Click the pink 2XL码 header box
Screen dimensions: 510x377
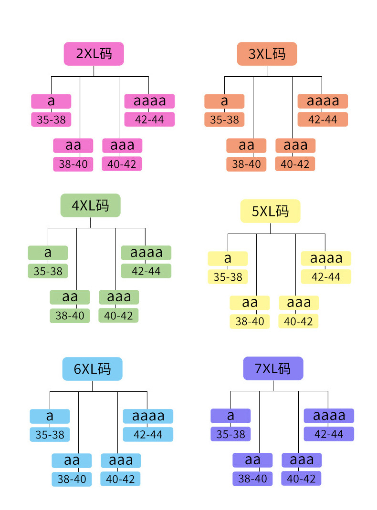coord(94,54)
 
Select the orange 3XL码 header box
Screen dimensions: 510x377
coord(267,54)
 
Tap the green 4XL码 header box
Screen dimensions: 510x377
coord(90,205)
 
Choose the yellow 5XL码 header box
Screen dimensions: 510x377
coord(270,211)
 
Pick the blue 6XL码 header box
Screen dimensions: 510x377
coord(93,369)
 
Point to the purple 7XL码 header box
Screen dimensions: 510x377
coord(273,368)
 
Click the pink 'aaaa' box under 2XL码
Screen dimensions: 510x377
coord(149,101)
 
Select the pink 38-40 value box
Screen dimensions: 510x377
coord(73,164)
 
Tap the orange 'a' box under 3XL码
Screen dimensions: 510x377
coord(224,101)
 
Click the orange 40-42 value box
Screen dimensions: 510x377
coord(295,164)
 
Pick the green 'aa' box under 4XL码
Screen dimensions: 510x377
coord(70,297)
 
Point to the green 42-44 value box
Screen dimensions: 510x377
coord(146,271)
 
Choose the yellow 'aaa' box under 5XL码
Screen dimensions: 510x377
coord(298,303)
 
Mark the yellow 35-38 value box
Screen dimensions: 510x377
coord(228,276)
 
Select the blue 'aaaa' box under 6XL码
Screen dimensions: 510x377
coord(148,416)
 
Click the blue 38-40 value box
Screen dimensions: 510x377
coord(72,479)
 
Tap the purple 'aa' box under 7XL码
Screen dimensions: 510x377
coord(252,460)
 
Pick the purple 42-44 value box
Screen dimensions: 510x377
coord(329,434)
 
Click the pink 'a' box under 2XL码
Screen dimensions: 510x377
coord(51,101)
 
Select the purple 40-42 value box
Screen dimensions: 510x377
coord(302,479)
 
